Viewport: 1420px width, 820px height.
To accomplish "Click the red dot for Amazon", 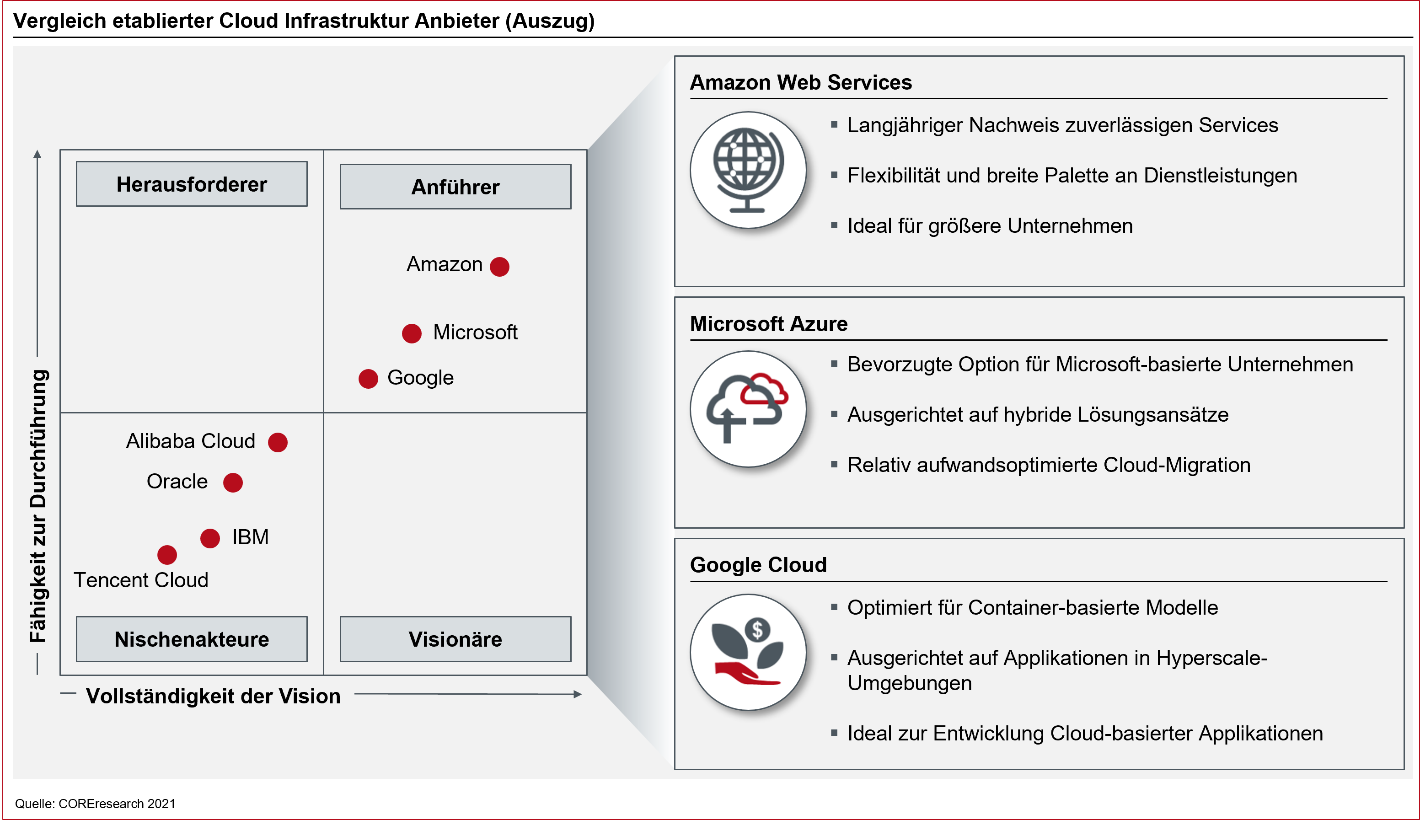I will coord(499,266).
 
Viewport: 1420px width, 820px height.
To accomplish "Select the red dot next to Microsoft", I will coord(412,333).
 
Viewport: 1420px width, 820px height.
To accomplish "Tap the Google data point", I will coord(368,379).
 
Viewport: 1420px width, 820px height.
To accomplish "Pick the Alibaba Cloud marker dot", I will coord(278,443).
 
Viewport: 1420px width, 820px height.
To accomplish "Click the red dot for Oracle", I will coord(232,482).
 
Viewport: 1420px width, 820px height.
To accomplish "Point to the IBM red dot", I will coord(210,538).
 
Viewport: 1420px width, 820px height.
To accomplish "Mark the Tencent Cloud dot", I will coord(167,555).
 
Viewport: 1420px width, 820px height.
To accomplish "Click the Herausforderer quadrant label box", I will coord(192,184).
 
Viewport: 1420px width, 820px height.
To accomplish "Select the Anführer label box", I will coord(455,187).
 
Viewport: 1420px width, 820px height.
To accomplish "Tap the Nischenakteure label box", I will coord(192,639).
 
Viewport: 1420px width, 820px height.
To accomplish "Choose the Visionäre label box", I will coord(455,639).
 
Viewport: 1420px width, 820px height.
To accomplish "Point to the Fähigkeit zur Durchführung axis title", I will coord(38,506).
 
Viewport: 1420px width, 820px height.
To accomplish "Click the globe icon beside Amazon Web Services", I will coord(748,170).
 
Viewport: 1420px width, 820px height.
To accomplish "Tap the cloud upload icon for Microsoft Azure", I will coord(748,409).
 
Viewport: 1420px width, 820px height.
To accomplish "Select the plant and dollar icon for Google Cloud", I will coord(748,652).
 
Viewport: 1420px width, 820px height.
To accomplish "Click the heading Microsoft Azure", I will coord(769,324).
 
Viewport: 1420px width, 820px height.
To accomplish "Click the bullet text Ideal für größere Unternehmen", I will coord(989,226).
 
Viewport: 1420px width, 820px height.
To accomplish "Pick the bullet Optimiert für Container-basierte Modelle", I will coord(1032,608).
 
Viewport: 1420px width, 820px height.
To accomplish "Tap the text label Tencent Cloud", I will coord(141,580).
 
